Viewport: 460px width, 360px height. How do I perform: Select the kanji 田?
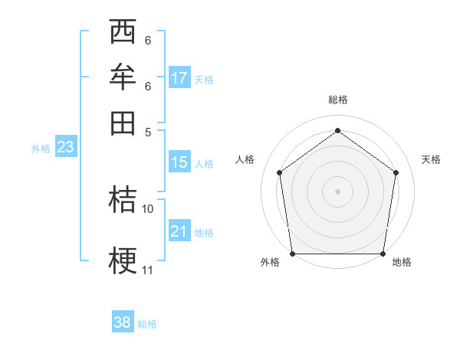[123, 123]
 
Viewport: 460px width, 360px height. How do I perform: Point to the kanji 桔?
[123, 200]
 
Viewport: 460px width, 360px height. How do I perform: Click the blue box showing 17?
[179, 78]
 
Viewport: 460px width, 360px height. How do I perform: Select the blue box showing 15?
[179, 162]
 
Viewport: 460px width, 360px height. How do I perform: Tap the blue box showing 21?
[179, 231]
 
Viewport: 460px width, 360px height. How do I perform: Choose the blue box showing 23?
[65, 148]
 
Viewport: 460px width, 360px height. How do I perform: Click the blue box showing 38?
[122, 322]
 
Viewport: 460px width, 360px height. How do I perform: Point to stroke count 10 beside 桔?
[148, 208]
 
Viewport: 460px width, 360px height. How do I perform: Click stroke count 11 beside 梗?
[147, 270]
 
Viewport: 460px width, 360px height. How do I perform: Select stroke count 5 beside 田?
[148, 132]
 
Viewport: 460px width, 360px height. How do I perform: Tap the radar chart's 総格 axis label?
[338, 100]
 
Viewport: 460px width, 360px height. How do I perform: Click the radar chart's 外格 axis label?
[270, 263]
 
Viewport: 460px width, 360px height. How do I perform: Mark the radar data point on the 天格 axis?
[396, 172]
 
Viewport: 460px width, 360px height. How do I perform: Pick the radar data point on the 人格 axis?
[280, 172]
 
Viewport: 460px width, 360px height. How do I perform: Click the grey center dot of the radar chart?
[338, 191]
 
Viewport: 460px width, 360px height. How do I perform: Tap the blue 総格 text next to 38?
[147, 324]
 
